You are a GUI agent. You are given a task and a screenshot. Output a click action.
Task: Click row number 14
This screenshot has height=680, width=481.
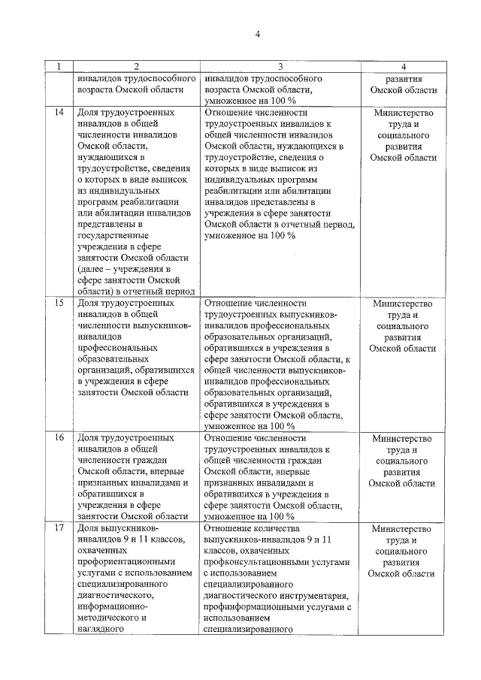coord(59,113)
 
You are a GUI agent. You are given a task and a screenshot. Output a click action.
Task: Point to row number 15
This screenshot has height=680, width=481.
coord(59,304)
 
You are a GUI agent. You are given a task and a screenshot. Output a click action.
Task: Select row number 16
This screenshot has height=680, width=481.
coord(59,438)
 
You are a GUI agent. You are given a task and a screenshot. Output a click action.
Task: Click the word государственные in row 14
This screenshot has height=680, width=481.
coord(113,235)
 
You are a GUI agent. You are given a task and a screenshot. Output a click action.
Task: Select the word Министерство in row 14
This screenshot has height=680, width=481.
coord(403,113)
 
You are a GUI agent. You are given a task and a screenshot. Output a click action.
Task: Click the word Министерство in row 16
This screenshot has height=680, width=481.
coord(403,438)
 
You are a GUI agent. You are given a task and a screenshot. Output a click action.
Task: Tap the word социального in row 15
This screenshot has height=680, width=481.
coord(403,326)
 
